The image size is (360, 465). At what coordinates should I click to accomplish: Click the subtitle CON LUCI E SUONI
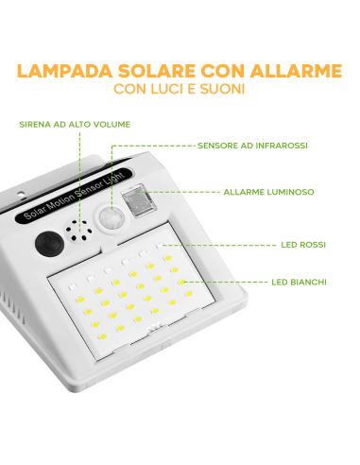(x=180, y=90)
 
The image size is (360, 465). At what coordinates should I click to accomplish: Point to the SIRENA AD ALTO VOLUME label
(x=75, y=124)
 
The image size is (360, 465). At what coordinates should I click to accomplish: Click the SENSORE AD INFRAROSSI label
(x=252, y=146)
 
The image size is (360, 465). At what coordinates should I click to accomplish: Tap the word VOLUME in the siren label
(x=110, y=124)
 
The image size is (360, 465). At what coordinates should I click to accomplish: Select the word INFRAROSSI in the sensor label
(x=282, y=146)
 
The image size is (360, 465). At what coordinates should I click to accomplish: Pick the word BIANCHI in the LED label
(x=314, y=281)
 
